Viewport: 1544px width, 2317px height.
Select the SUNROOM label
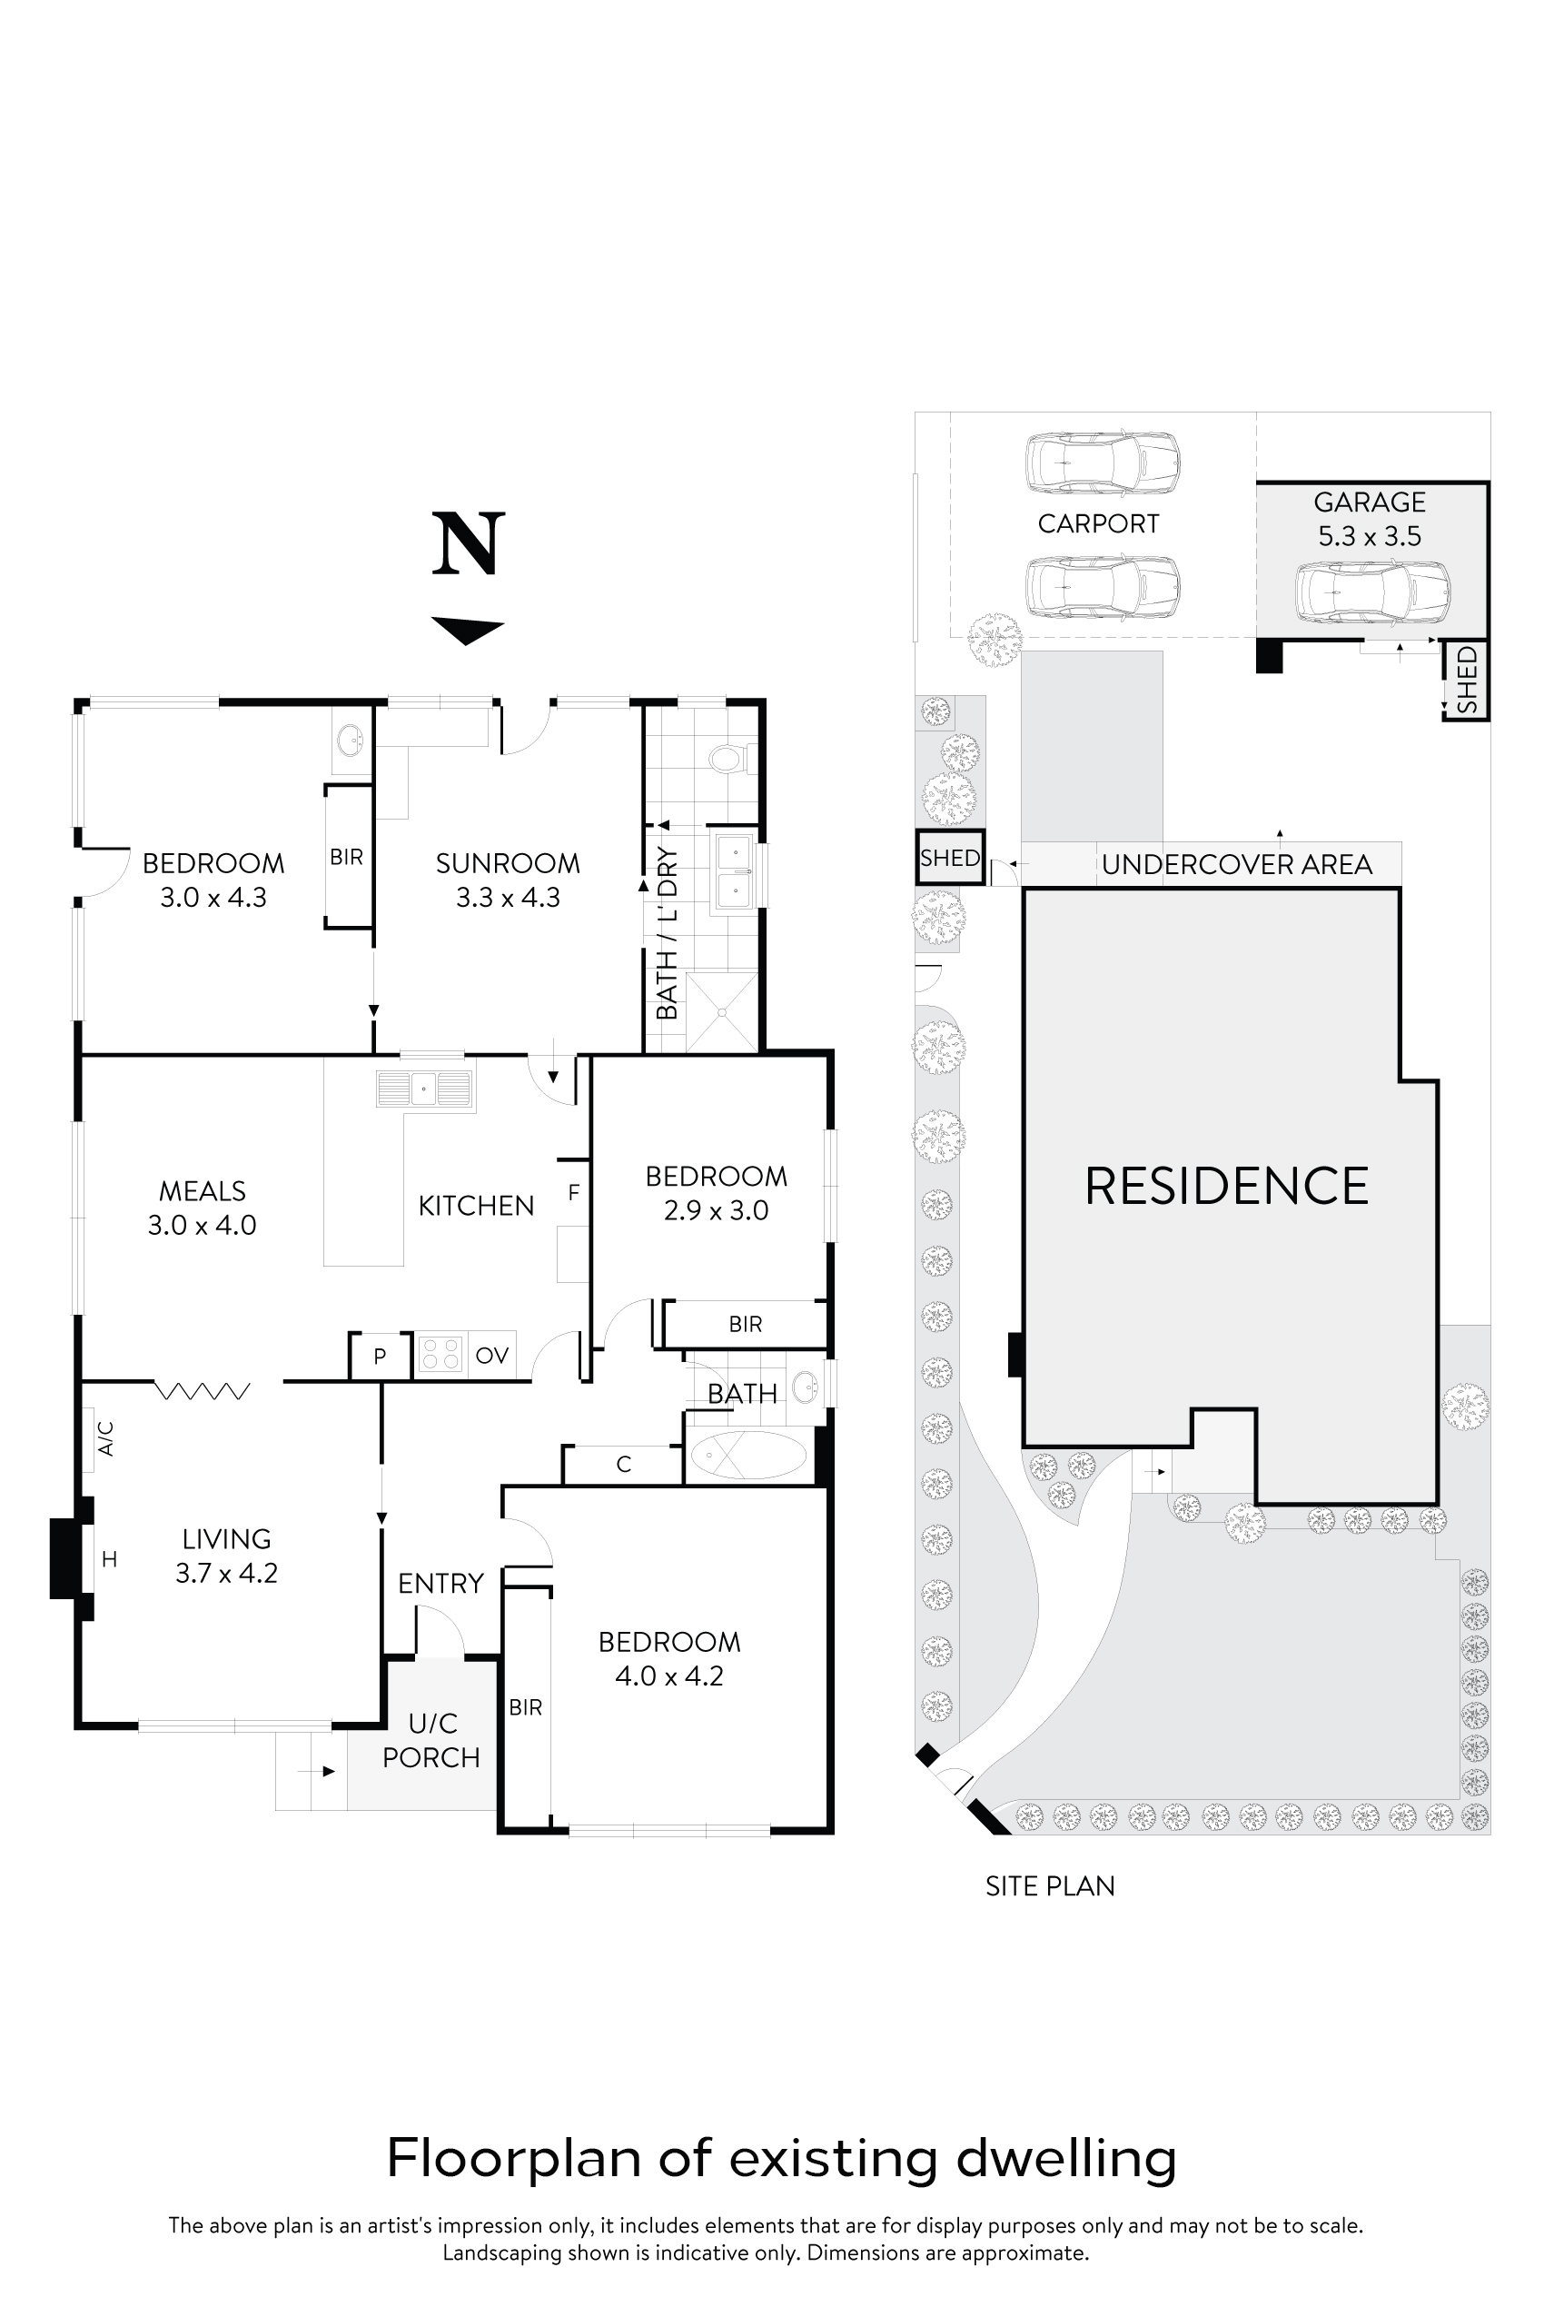[508, 864]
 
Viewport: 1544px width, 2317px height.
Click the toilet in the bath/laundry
[728, 759]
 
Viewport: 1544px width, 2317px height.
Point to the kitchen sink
[424, 1089]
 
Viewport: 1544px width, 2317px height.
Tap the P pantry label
[380, 1357]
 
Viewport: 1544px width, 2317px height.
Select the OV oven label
[491, 1356]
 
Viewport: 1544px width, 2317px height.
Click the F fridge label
[574, 1193]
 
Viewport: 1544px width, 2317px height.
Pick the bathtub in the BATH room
[748, 1456]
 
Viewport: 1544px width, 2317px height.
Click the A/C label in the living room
[106, 1438]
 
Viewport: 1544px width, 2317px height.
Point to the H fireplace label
[109, 1558]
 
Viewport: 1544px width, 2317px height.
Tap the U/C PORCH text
[431, 1740]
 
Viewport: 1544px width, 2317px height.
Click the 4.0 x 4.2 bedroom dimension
[668, 1676]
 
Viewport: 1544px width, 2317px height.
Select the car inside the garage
[1371, 592]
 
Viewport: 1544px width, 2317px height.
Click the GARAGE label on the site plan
[1370, 502]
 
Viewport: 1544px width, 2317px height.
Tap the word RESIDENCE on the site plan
[1226, 1186]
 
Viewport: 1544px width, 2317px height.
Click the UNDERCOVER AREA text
[1237, 865]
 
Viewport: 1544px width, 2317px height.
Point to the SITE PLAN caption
[1050, 1886]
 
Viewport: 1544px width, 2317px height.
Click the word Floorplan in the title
[515, 2158]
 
